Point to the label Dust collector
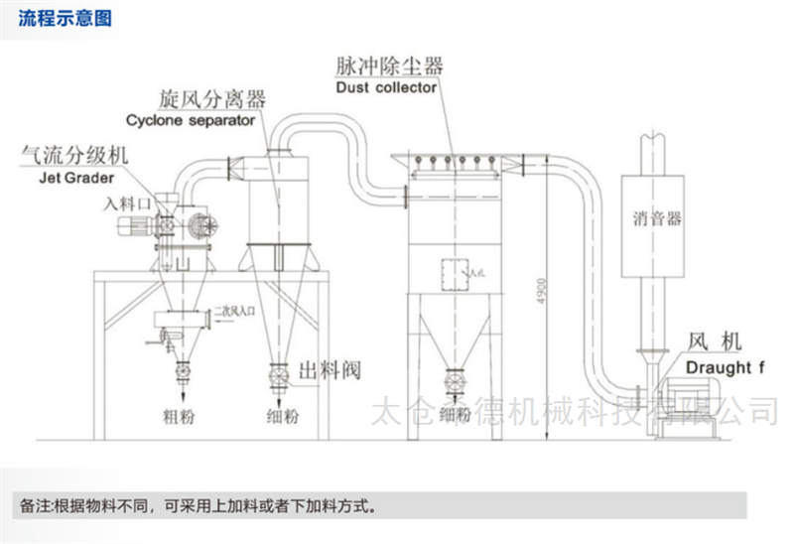point(386,87)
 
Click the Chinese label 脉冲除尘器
point(389,67)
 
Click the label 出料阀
point(328,371)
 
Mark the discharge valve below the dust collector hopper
point(454,380)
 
